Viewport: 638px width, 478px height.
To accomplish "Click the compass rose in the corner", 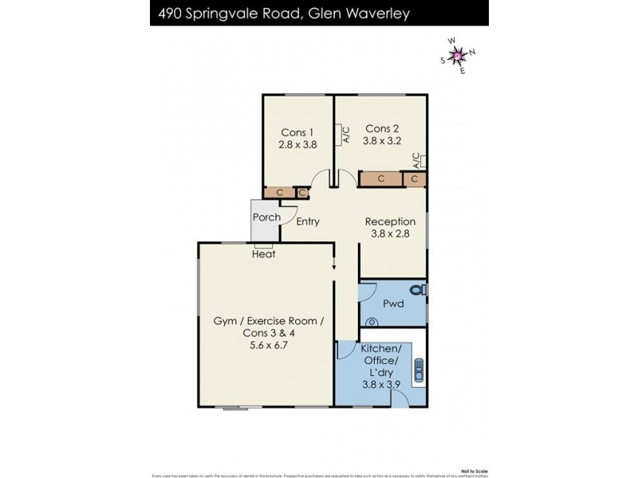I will click(x=458, y=55).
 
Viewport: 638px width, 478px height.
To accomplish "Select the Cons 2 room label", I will click(x=382, y=128).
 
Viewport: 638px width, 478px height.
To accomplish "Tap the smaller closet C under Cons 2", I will click(x=414, y=179).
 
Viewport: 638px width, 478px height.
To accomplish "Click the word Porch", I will click(x=266, y=217).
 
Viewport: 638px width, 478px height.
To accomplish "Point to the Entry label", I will click(x=308, y=221).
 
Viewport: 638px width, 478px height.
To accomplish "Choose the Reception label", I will click(x=390, y=221).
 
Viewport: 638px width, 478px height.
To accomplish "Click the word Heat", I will click(x=264, y=254).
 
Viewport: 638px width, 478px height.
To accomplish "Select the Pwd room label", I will click(x=392, y=304).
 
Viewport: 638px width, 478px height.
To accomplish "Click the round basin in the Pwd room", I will click(x=371, y=321).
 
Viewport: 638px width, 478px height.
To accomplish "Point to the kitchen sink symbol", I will click(x=419, y=371).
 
